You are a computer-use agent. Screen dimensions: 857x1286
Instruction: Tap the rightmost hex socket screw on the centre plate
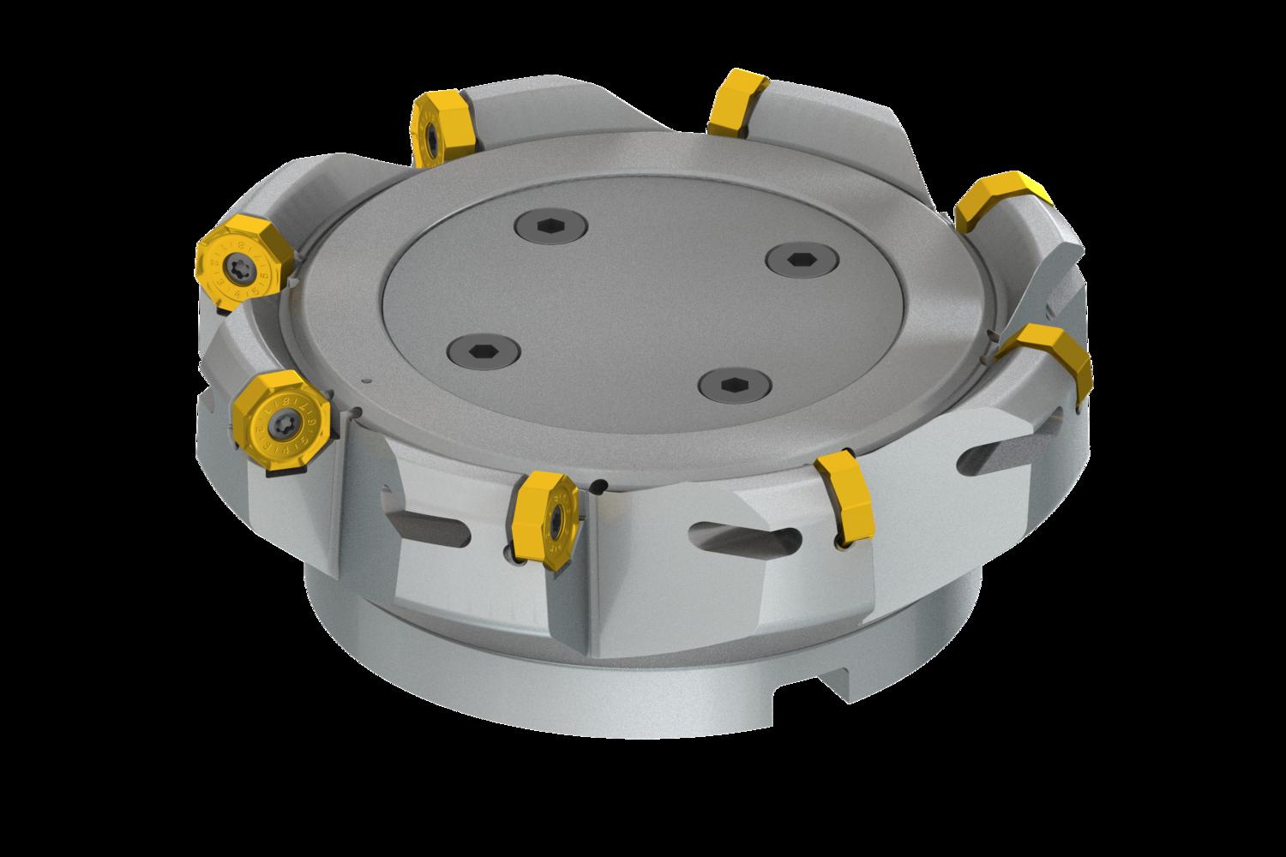click(794, 258)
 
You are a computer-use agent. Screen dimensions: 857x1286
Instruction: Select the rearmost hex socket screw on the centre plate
click(551, 227)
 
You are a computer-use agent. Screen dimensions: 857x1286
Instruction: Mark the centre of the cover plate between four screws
click(634, 305)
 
